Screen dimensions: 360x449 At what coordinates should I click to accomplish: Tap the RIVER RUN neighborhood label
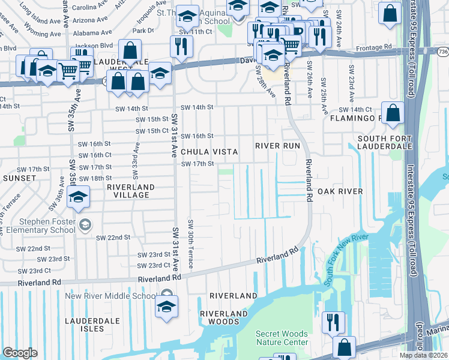click(x=277, y=146)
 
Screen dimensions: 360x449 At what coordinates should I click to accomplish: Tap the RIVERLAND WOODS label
click(x=224, y=317)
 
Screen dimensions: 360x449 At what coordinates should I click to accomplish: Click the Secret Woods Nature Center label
click(x=282, y=338)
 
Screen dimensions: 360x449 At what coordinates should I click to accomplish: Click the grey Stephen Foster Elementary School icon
click(x=85, y=224)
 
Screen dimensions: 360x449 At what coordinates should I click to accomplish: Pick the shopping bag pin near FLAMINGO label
click(x=391, y=112)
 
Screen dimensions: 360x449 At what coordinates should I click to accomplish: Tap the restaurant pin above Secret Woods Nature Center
click(x=331, y=322)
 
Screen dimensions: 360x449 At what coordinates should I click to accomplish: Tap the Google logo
click(x=20, y=353)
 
